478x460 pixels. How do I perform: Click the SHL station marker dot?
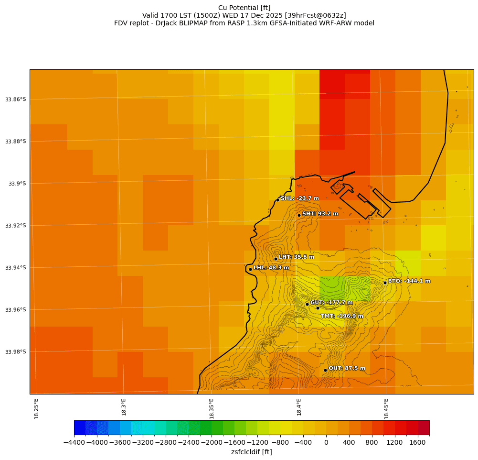[277, 200]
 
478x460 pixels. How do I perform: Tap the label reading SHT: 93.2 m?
[320, 214]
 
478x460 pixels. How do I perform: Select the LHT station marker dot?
[276, 259]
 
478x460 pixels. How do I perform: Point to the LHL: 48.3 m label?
[271, 268]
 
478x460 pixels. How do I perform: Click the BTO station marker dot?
[385, 283]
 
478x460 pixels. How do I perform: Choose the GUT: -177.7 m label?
[331, 303]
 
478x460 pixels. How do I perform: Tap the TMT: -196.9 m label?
[341, 316]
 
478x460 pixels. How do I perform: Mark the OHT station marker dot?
[325, 370]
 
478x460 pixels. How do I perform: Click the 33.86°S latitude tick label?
[15, 99]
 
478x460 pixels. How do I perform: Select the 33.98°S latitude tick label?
[15, 352]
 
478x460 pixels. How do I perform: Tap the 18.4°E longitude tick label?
[299, 407]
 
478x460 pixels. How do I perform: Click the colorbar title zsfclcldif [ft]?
[251, 452]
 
